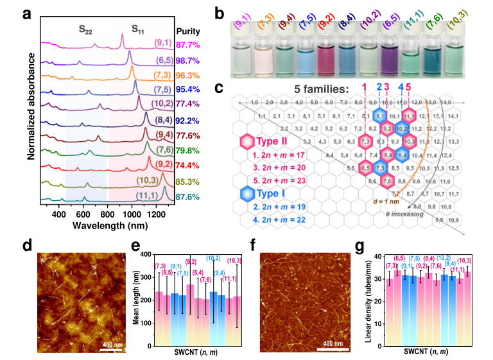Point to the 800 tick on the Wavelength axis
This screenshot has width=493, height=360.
(x=108, y=214)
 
